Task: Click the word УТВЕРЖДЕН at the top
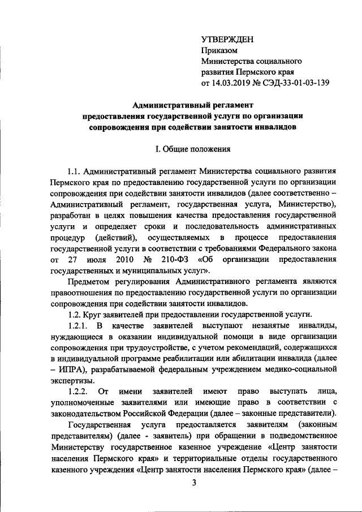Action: (x=227, y=39)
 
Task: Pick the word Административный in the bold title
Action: (x=168, y=105)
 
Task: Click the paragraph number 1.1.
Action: (x=74, y=171)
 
